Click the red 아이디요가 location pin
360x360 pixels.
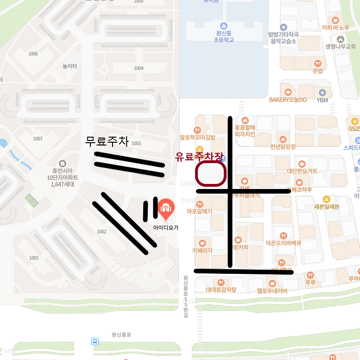[165, 209]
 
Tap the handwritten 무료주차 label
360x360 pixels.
[107, 141]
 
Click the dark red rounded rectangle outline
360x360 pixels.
[211, 174]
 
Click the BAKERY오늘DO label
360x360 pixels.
[288, 99]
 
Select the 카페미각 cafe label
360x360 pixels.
[202, 250]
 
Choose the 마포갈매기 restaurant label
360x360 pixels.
[199, 211]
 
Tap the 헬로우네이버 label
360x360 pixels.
[272, 291]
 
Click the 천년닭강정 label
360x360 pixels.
[283, 146]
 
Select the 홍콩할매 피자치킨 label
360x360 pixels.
[245, 130]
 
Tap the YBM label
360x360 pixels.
[322, 100]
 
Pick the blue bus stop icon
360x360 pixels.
[95, 341]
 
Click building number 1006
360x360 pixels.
[33, 54]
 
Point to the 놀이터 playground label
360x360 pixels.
[70, 66]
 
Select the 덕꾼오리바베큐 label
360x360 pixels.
[284, 243]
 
